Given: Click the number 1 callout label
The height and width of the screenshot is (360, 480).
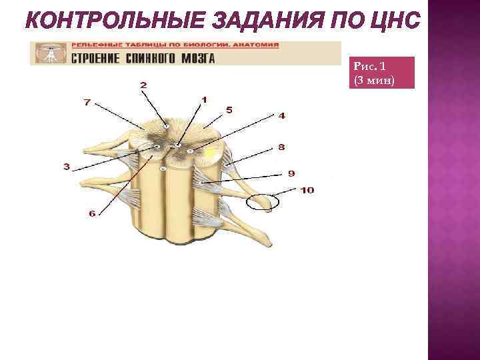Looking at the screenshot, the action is (204, 100).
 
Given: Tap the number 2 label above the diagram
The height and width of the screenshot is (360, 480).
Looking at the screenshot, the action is (143, 85).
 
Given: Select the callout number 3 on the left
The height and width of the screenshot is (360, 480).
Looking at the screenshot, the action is (66, 167).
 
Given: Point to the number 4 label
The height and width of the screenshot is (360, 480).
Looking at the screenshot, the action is (282, 115).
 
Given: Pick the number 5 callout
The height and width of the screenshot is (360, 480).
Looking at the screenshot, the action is (229, 109).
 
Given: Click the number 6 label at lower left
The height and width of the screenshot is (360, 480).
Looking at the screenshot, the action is (92, 213).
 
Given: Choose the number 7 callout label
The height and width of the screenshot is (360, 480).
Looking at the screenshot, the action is (87, 102).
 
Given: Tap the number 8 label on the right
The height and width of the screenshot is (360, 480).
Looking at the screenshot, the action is (282, 147).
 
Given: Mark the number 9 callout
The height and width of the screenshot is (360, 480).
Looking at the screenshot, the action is (291, 173).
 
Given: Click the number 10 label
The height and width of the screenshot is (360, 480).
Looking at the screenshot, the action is (307, 190).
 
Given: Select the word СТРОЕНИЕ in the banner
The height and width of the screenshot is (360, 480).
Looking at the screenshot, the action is (95, 58).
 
